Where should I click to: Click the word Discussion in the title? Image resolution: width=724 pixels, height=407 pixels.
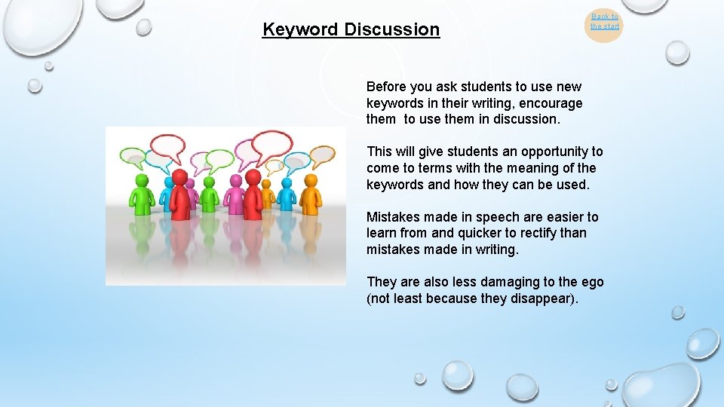391,30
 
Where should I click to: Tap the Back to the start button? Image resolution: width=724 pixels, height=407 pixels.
604,22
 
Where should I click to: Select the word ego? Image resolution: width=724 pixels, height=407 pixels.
592,282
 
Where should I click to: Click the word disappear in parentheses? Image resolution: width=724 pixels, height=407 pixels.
544,298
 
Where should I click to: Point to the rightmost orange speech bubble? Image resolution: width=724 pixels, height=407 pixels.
322,155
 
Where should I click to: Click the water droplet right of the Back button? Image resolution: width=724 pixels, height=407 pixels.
677,52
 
